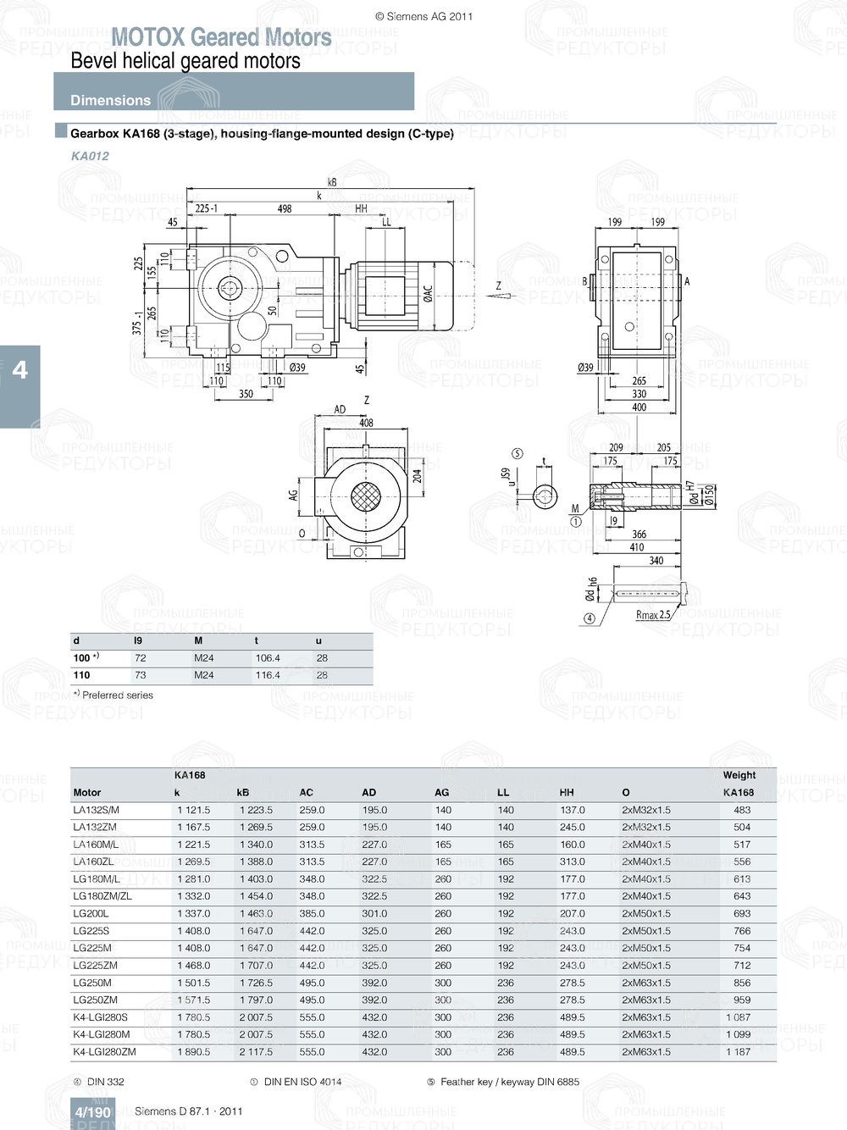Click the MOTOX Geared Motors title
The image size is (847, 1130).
coord(221,37)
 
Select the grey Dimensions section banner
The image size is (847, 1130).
coord(234,91)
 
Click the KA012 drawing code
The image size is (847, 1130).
coord(90,156)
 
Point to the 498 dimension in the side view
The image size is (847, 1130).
coord(285,208)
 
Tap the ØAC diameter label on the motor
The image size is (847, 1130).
coord(428,293)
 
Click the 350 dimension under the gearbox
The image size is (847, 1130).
coord(246,394)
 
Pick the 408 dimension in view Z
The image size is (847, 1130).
coord(366,423)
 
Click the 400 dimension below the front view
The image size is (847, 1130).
coord(639,407)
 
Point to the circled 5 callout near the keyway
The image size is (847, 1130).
coord(518,454)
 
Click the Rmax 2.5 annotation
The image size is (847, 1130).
coord(652,615)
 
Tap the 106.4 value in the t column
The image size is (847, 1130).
coord(268,658)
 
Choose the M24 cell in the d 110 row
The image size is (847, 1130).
coord(204,676)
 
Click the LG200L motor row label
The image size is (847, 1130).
coord(91,914)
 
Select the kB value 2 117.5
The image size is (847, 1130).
coord(256,1052)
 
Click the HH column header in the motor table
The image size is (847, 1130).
coord(567,793)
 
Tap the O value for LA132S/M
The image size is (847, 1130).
coord(645,811)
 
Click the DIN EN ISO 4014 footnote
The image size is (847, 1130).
coord(302,1082)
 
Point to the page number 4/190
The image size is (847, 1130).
coord(92,1112)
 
